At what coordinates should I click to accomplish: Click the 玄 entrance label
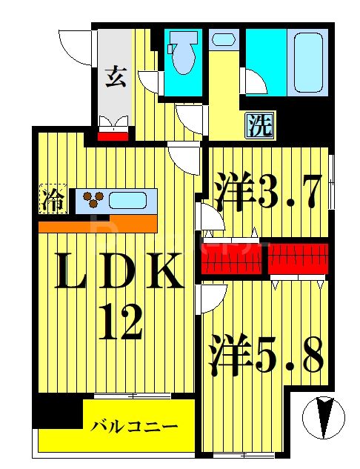[x=114, y=76]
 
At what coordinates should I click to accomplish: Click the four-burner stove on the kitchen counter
[x=94, y=198]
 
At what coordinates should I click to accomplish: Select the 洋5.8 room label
[x=266, y=356]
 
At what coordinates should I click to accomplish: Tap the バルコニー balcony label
[x=135, y=427]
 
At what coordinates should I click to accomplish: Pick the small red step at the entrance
[x=114, y=135]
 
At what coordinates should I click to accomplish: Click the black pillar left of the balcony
[x=58, y=411]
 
